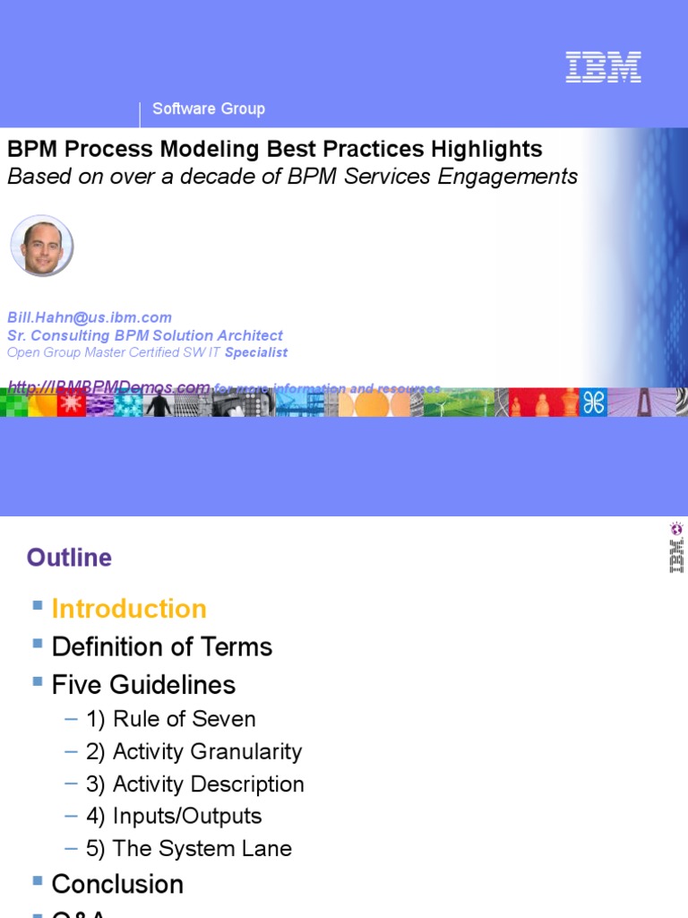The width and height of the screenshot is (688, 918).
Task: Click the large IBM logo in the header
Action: tap(603, 67)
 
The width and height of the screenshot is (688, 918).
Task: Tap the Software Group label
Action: tap(209, 108)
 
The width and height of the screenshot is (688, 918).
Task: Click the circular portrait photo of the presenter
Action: tap(41, 245)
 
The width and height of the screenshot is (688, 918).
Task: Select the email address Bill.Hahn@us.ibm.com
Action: tap(90, 317)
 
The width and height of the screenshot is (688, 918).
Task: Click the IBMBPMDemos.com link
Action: tap(108, 387)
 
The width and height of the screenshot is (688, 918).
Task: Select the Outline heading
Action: tap(69, 558)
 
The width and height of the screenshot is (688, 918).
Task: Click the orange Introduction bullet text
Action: tap(129, 609)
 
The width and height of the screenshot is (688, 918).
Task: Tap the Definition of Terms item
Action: tap(161, 646)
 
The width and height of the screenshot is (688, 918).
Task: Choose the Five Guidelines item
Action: tap(143, 685)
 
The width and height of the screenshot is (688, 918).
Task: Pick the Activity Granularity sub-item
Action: tap(193, 751)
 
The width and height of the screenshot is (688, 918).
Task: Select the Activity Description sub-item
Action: tap(194, 784)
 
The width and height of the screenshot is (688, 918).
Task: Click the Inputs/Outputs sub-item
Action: tap(174, 816)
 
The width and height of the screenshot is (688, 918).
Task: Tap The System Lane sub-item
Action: tap(188, 848)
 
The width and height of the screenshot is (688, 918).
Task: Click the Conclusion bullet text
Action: tap(117, 884)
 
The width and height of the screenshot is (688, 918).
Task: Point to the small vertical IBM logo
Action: tap(676, 548)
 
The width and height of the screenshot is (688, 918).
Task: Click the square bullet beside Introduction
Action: tap(38, 606)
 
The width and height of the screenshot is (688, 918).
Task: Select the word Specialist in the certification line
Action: tap(256, 352)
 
